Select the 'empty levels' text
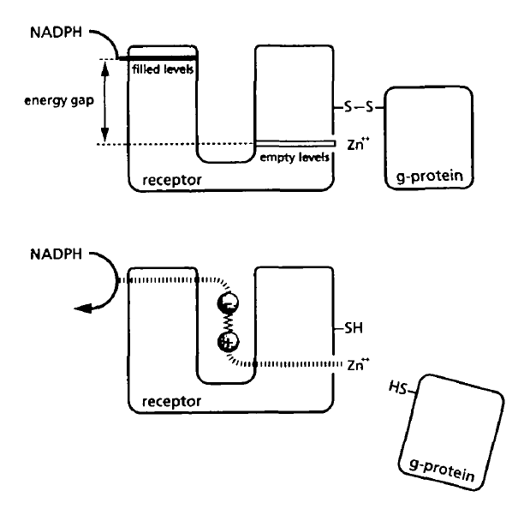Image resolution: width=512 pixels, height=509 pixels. coord(291,156)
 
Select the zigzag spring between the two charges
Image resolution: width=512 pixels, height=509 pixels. coord(229,325)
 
